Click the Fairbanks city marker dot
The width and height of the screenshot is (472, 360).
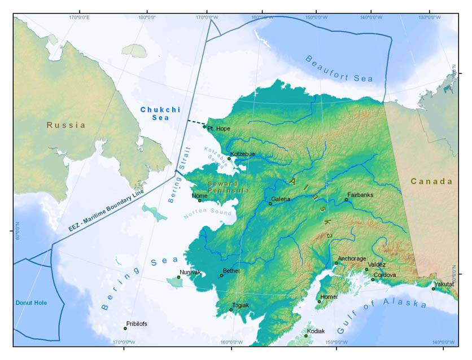pos(347,200)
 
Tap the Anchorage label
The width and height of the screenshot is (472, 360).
pos(352,258)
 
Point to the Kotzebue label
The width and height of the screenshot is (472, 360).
pos(243,154)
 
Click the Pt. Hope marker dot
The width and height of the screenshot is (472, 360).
pos(204,127)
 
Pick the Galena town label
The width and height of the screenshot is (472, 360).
pos(281,199)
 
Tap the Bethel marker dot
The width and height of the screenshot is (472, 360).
pos(221,275)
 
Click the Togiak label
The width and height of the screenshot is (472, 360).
pos(240,305)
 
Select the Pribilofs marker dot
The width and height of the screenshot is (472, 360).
pos(125,328)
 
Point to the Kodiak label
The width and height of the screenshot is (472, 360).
pos(316,331)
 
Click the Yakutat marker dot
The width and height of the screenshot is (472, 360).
pos(434,289)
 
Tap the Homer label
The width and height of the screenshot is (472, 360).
pos(329,297)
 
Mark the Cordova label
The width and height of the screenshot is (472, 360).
pos(384,275)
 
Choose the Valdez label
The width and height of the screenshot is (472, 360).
pos(377,265)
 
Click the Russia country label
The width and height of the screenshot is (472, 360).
pos(66,125)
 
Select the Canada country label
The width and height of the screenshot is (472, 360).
pos(431,181)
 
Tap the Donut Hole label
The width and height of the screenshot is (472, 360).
pos(32,303)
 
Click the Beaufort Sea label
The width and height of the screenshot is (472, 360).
pos(339,69)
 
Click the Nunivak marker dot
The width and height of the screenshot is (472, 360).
pos(179,277)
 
